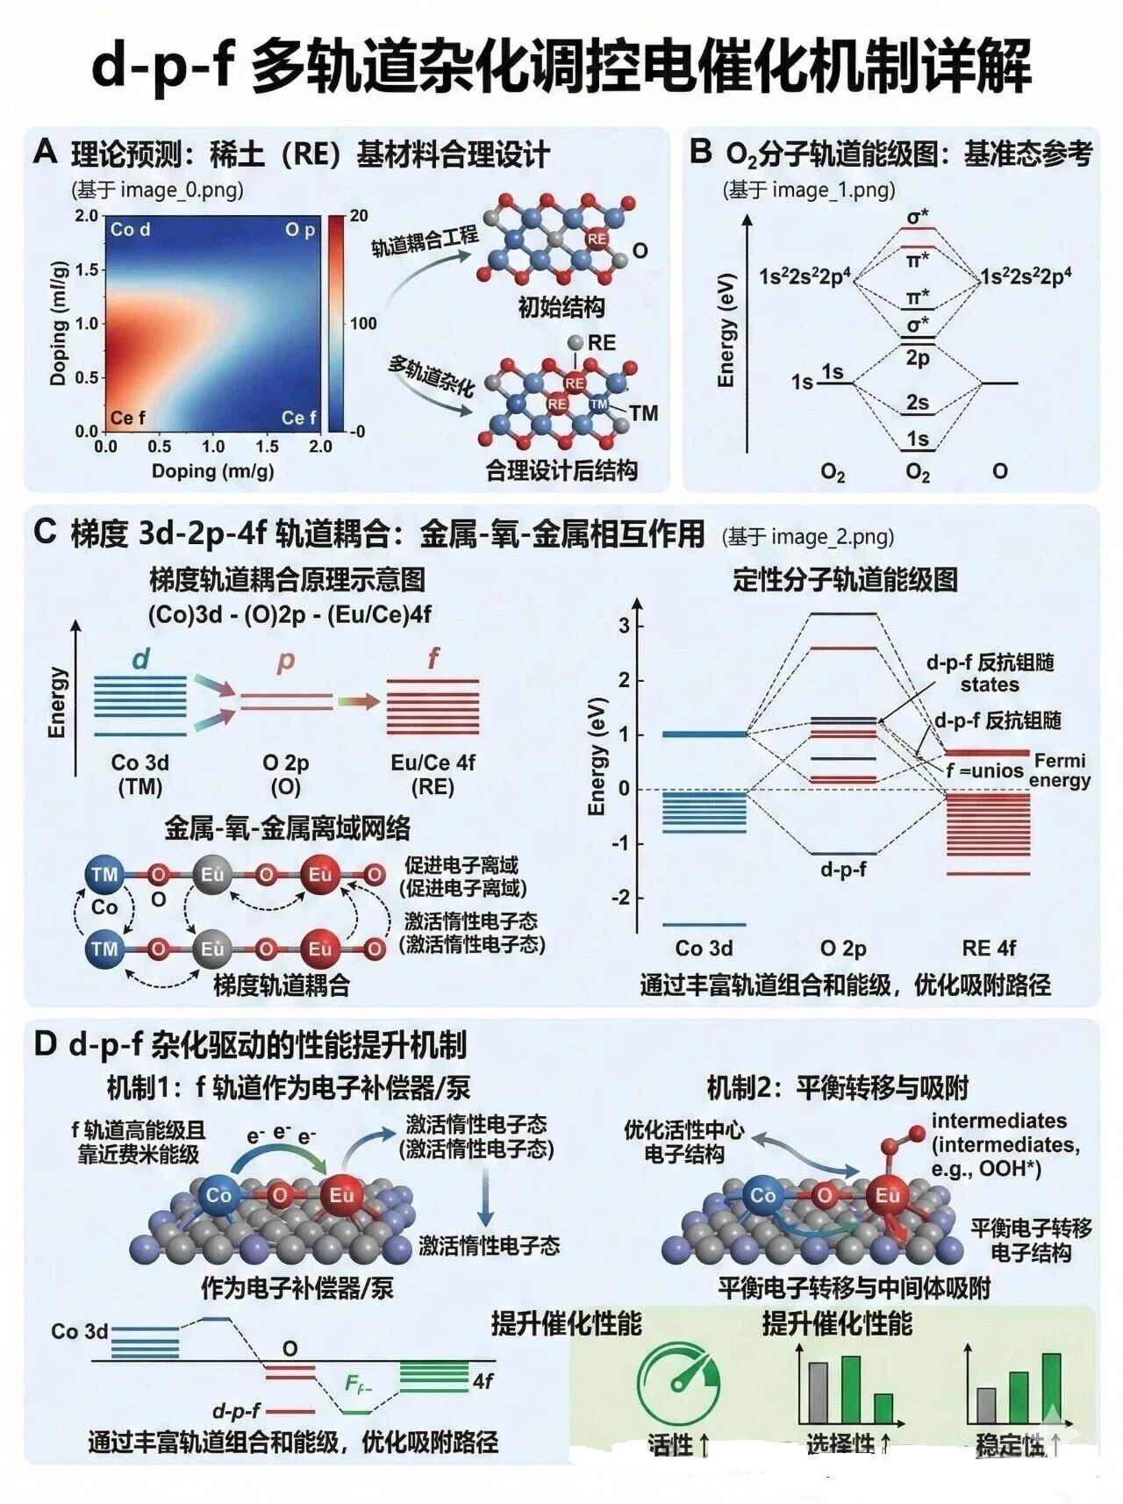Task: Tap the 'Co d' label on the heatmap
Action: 130,230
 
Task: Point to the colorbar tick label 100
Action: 363,323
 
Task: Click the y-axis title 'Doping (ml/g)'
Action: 59,324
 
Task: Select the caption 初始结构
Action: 561,307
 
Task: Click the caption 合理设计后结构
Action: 561,470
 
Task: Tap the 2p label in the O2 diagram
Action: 918,358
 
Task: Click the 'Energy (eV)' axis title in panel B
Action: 726,329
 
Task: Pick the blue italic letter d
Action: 140,659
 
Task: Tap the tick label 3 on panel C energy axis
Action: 624,626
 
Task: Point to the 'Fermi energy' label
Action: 1060,770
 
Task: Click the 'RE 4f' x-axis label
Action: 989,948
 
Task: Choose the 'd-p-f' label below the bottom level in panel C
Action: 843,870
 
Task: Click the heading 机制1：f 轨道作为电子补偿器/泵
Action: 289,1088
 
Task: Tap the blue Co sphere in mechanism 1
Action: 218,1195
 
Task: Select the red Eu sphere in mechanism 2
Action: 887,1195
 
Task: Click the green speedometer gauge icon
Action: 678,1384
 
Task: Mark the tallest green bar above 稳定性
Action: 1051,1388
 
